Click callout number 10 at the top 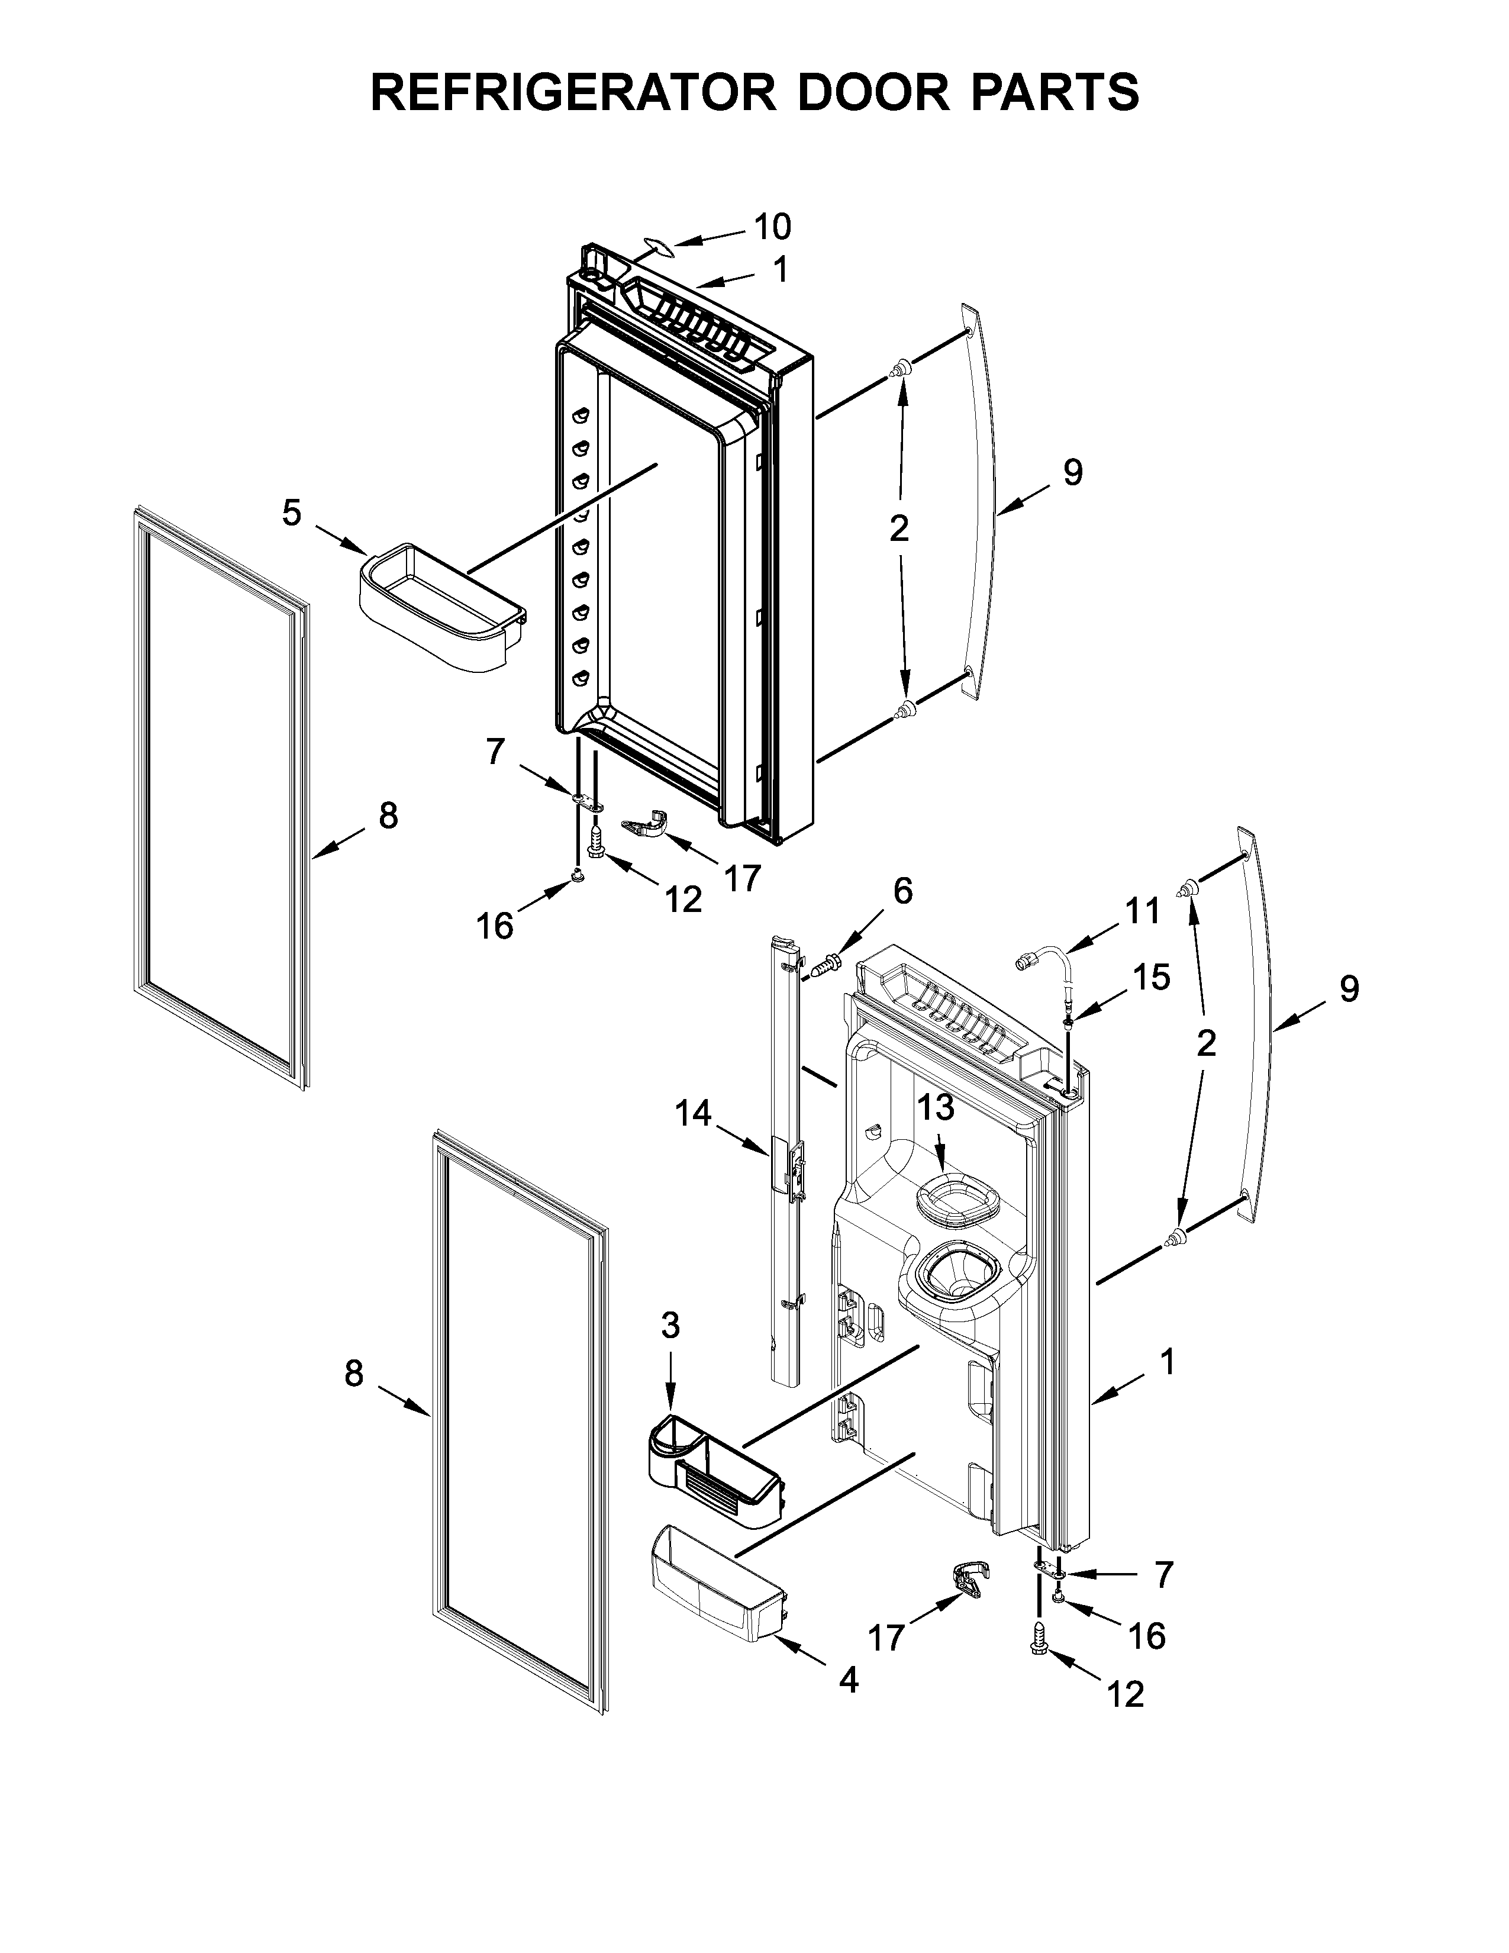click(772, 227)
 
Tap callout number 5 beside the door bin click(291, 513)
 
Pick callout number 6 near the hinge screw click(903, 891)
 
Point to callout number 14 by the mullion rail click(693, 1113)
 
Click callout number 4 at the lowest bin click(849, 1680)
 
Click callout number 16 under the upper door click(494, 926)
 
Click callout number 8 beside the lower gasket click(354, 1374)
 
